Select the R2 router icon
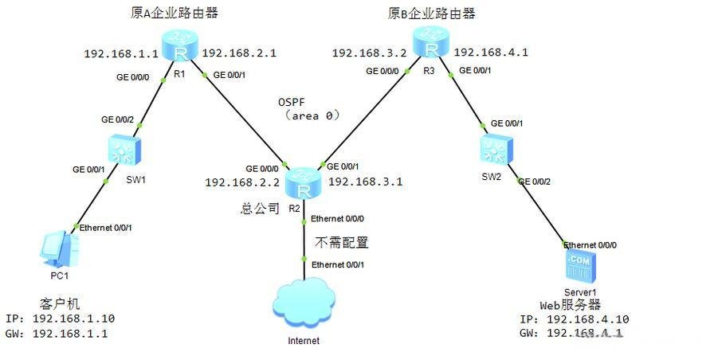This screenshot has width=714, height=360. coord(304,183)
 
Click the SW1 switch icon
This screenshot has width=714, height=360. coord(124,150)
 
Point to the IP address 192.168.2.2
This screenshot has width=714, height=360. coord(241,182)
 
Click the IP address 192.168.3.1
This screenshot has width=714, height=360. coord(365,182)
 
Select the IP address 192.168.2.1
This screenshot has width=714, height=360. coord(239,53)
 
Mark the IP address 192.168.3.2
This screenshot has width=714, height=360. coord(369,53)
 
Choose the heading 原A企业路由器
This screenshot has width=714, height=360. coord(174,13)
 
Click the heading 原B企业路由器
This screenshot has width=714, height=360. coord(431,13)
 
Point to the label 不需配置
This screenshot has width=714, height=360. coord(342,242)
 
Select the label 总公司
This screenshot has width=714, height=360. coord(260,209)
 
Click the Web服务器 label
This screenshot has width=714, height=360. coord(570,305)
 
